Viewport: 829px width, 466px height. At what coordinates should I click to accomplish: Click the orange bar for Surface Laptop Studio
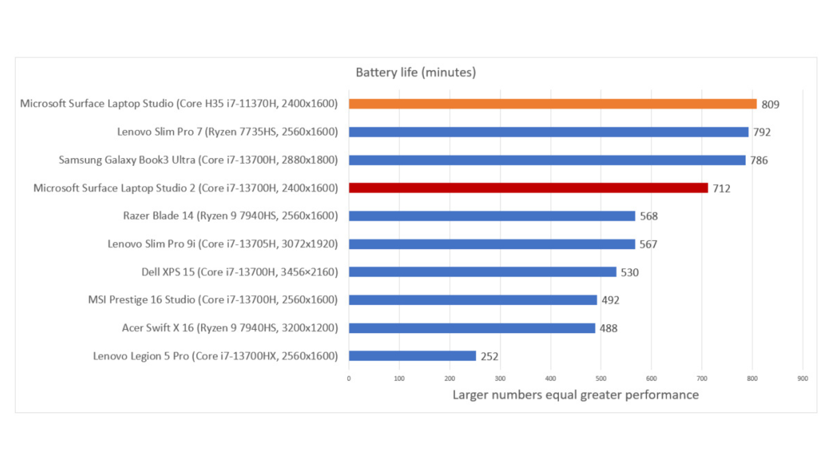(x=553, y=104)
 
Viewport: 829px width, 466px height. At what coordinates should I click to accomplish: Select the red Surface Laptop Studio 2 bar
(x=528, y=188)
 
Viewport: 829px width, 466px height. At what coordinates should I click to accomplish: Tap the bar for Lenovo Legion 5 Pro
(x=412, y=356)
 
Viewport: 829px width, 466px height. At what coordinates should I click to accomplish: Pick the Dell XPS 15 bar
(x=482, y=272)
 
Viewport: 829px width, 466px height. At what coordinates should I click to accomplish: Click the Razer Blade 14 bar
(x=492, y=216)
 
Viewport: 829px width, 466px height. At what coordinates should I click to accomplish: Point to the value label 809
(x=770, y=104)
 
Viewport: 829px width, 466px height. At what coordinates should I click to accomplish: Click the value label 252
(x=489, y=356)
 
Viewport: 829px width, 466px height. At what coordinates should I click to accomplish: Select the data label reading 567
(x=648, y=244)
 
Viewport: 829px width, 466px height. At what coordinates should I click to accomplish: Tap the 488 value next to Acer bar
(x=608, y=328)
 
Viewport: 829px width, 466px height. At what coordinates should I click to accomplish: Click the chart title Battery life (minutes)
(x=415, y=72)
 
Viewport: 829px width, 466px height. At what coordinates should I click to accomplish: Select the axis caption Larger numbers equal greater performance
(x=575, y=395)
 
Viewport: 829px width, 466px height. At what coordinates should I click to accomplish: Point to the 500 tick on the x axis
(x=601, y=378)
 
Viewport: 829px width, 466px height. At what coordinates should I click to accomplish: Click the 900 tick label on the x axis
(x=802, y=378)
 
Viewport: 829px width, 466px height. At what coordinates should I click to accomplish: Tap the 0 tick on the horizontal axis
(x=349, y=378)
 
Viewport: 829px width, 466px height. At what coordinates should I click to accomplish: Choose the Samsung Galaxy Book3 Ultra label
(x=198, y=160)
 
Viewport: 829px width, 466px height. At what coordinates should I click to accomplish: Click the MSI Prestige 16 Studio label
(x=213, y=300)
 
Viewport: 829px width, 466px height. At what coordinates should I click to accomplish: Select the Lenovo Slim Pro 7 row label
(x=228, y=132)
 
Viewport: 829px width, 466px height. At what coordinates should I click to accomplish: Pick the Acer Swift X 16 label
(x=230, y=328)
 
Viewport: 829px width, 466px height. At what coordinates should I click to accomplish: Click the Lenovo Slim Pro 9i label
(x=222, y=244)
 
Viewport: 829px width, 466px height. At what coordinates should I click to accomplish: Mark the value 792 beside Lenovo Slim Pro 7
(x=762, y=132)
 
